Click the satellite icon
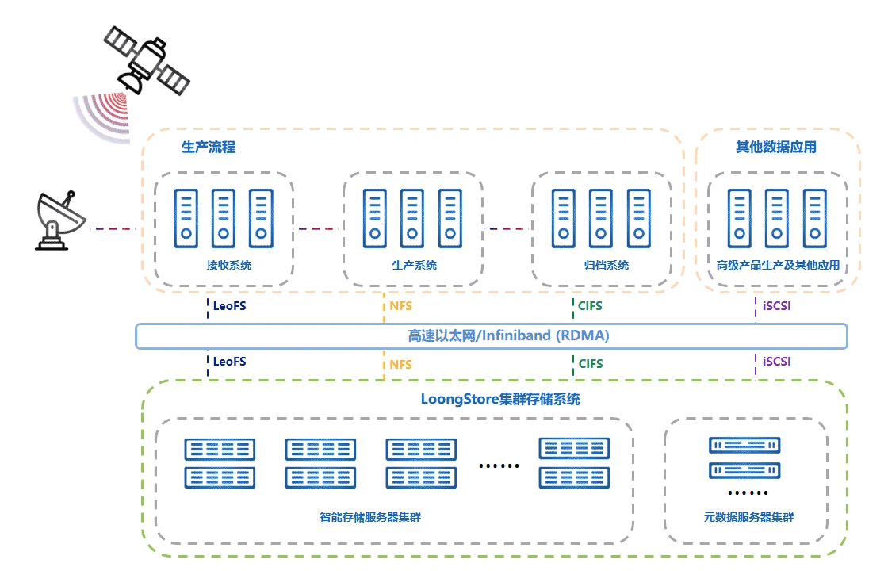coord(147,60)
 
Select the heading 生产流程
coord(209,148)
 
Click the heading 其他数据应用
coord(776,148)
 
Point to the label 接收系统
coord(229,265)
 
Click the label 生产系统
coord(414,265)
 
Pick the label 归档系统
coord(607,265)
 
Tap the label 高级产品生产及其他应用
coord(778,265)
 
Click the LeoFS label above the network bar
coord(229,306)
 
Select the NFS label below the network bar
coord(401,364)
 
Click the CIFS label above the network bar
coord(590,306)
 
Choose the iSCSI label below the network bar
coord(776,362)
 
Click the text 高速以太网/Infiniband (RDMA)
coord(508,336)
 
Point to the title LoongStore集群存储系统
coord(500,400)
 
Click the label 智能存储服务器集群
coord(370,517)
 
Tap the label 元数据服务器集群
coord(748,517)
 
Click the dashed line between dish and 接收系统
coord(112,229)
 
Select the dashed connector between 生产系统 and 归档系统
coord(507,229)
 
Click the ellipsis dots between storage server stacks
coord(499,466)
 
